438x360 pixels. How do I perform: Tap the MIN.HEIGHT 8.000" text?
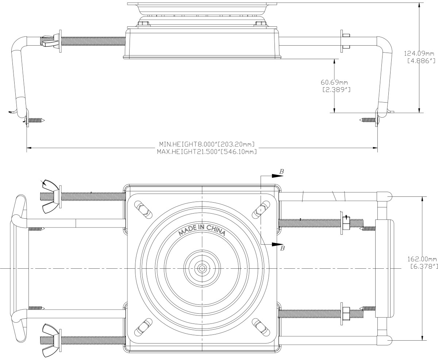pyautogui.click(x=206, y=144)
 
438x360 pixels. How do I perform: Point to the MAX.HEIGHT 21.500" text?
pyautogui.click(x=206, y=151)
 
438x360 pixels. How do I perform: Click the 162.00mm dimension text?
pyautogui.click(x=422, y=259)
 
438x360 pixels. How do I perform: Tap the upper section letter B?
pyautogui.click(x=281, y=171)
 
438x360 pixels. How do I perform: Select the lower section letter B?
pyautogui.click(x=281, y=249)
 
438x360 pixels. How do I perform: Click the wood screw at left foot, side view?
pyautogui.click(x=36, y=120)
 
